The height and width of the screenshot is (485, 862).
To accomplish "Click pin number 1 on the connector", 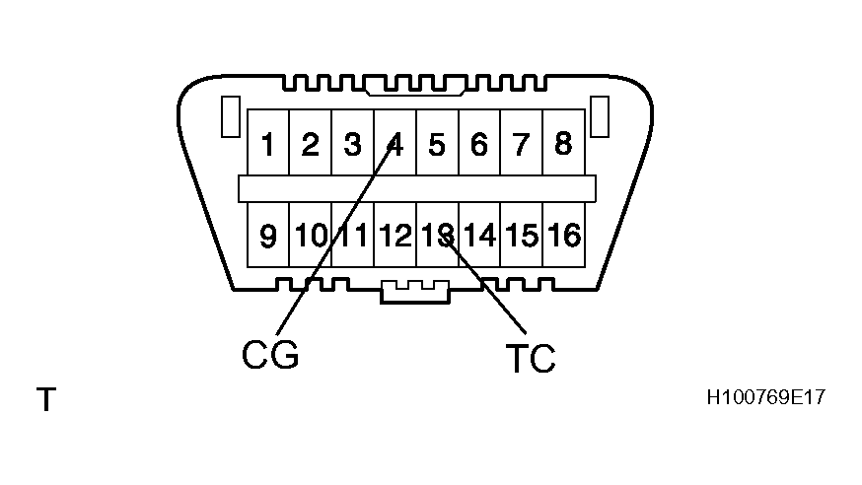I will (267, 145).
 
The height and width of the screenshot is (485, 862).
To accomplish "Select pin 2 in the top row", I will (310, 145).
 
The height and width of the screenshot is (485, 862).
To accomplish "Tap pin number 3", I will (352, 145).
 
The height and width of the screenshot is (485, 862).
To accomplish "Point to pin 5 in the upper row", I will (437, 145).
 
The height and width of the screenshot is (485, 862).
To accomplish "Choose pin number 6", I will (479, 145).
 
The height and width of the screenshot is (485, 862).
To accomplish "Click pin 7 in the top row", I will (522, 145).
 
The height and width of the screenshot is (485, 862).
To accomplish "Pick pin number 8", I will (563, 144).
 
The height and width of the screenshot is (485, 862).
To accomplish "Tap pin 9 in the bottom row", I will (267, 236).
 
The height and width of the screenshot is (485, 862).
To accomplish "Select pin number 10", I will (310, 236).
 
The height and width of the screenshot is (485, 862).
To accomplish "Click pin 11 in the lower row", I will (353, 236).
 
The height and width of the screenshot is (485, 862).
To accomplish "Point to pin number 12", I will (395, 236).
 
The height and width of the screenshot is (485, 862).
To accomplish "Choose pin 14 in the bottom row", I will (479, 236).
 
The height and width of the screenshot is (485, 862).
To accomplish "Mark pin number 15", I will (522, 236).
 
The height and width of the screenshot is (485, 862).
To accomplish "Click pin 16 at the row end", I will (564, 236).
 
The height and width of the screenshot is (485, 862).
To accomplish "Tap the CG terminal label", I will (269, 354).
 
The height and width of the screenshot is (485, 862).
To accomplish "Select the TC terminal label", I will (530, 359).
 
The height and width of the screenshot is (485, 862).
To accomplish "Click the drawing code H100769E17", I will (765, 398).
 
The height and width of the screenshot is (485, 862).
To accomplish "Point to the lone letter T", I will (45, 400).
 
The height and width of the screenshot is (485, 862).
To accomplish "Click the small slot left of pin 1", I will (229, 116).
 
